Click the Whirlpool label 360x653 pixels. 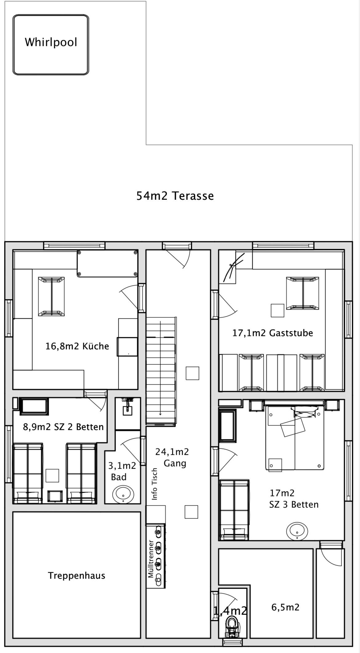pos(51,42)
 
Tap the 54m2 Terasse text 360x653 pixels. pos(175,196)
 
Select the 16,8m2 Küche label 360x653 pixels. pos(77,346)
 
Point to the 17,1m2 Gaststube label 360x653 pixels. pos(273,333)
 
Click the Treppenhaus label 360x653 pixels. pos(77,575)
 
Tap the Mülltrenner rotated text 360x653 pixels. pos(151,558)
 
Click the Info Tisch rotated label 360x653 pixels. pos(155,484)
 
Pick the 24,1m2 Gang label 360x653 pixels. pos(172,457)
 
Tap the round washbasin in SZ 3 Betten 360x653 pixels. pos(297,531)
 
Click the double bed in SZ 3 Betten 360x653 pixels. pos(295,437)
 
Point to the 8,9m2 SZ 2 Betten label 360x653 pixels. pos(63,427)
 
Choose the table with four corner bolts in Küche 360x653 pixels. pos(107,264)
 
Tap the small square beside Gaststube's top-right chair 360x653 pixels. pos(277,310)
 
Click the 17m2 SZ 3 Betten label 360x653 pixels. pos(294,498)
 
